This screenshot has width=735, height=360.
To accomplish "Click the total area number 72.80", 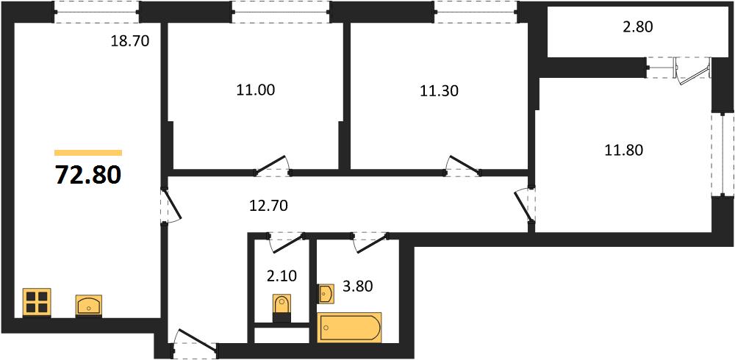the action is (x=89, y=176).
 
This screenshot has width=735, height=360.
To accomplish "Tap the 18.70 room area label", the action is (x=130, y=41).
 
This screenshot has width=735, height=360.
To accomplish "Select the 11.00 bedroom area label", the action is (x=256, y=90).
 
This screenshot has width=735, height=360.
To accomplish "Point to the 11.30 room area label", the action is (x=439, y=90).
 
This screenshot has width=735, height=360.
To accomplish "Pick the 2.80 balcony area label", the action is (x=637, y=27).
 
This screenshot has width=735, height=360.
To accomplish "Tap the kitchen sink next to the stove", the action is (x=89, y=305).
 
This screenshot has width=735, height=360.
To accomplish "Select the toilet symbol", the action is (x=282, y=308).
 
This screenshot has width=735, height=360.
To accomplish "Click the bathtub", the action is (x=349, y=328).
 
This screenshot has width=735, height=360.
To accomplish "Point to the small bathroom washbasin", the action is (x=326, y=293).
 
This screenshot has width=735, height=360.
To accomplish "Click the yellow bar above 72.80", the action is (x=88, y=152).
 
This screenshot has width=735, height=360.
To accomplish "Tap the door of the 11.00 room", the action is (x=273, y=165).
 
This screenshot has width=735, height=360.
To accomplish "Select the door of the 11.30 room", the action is (x=463, y=165).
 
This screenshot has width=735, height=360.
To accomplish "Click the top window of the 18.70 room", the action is (x=96, y=12).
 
